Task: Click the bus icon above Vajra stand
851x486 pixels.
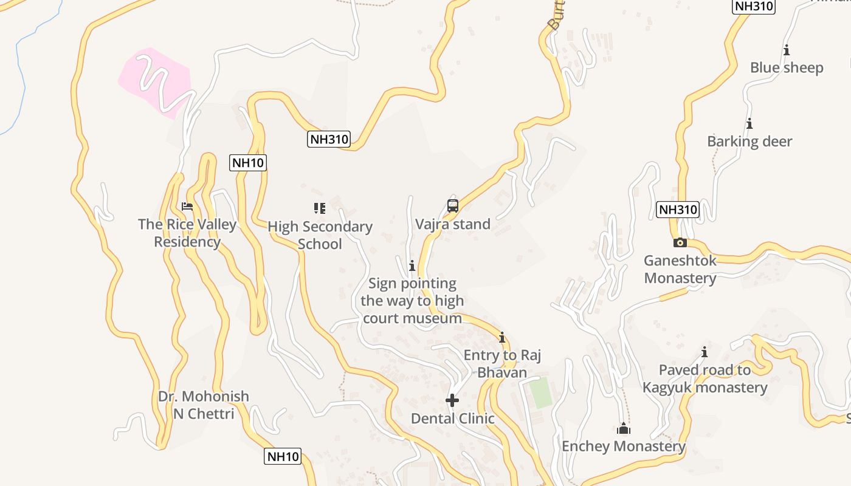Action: (453, 206)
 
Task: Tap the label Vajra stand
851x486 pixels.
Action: (453, 224)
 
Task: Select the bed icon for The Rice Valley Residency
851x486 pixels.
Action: (187, 207)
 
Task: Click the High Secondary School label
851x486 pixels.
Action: (320, 235)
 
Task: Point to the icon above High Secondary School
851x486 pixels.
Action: (320, 208)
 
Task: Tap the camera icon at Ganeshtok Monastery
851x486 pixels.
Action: (680, 243)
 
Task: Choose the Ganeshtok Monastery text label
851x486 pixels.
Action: (680, 269)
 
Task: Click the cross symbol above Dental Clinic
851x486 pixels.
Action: (452, 400)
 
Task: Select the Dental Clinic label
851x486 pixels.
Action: (453, 419)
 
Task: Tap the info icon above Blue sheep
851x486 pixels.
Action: (787, 50)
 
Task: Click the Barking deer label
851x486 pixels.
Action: (749, 142)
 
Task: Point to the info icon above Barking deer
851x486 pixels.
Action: (749, 124)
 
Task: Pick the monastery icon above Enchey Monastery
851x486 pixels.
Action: (624, 429)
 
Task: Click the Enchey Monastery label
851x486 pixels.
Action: (624, 447)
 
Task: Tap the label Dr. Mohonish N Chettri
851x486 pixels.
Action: (204, 405)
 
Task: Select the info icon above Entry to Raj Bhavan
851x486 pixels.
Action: (502, 337)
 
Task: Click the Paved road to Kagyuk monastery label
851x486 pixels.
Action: (705, 378)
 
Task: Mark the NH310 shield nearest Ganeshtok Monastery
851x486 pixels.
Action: (678, 210)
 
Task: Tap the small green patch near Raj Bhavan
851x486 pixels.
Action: (540, 392)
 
